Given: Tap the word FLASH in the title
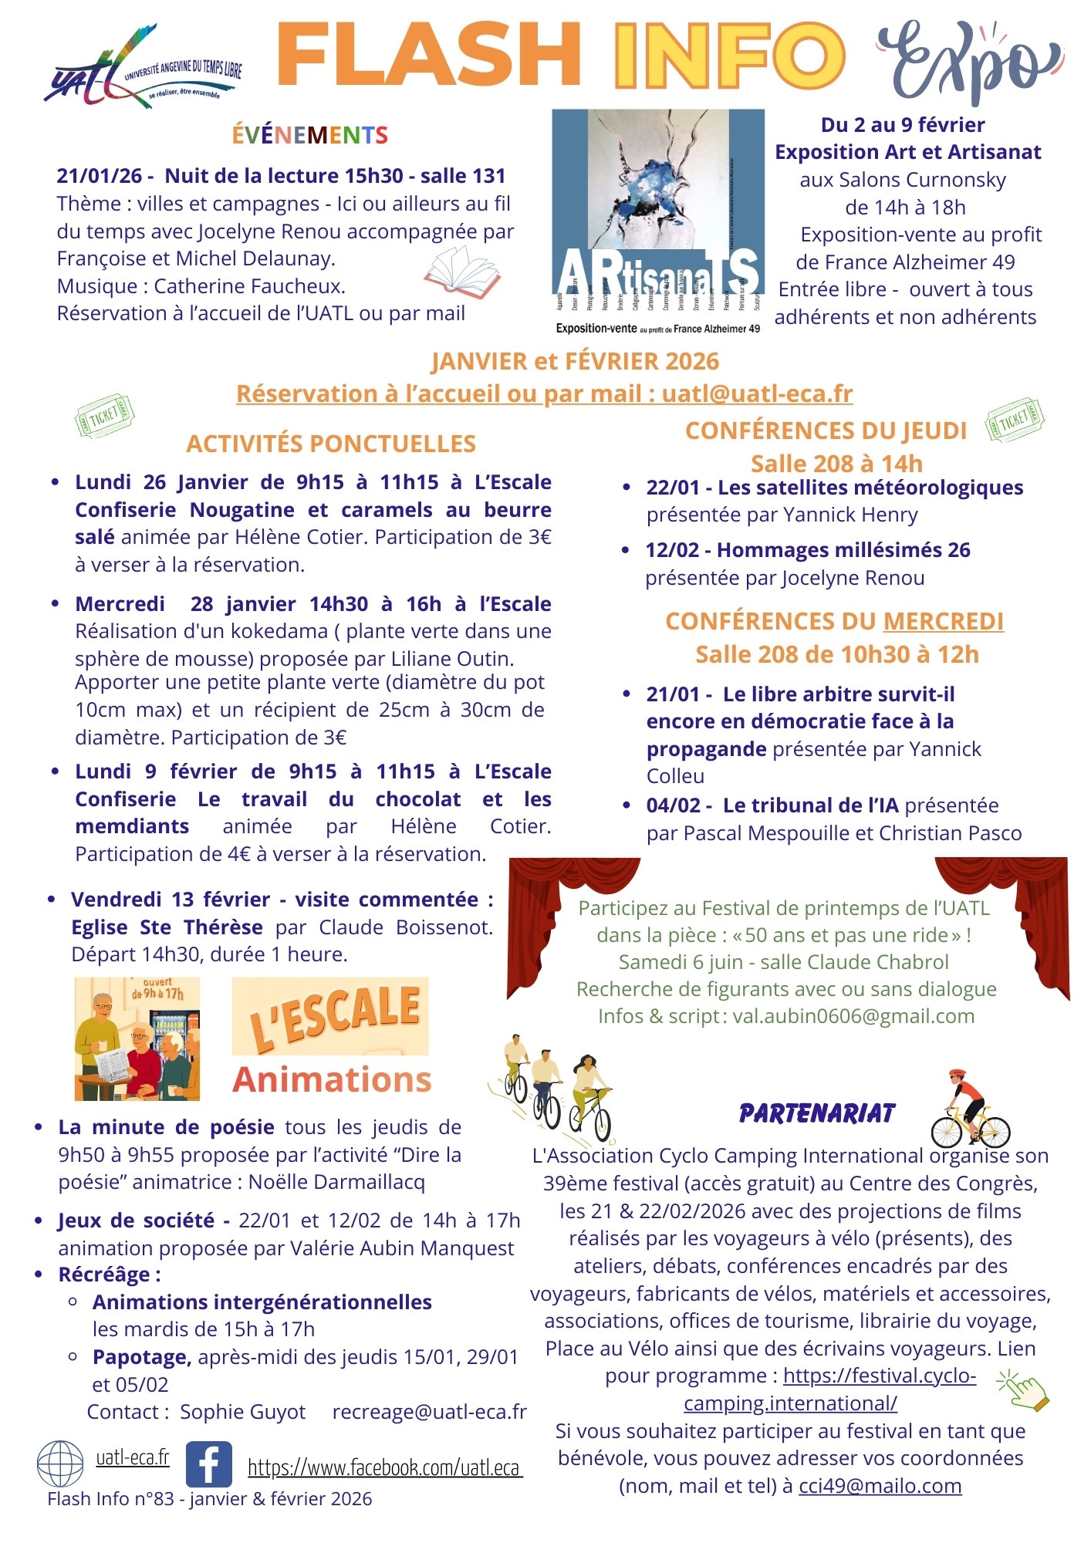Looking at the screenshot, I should (x=429, y=56).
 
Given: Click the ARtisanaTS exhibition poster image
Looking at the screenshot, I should (x=658, y=221).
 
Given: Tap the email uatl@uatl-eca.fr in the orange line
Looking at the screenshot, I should (x=757, y=393).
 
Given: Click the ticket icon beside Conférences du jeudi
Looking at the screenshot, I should (x=1014, y=420).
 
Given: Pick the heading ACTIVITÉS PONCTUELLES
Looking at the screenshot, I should (x=331, y=444).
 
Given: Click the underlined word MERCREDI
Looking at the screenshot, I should (x=943, y=621).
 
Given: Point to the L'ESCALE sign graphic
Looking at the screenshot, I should (x=330, y=1015).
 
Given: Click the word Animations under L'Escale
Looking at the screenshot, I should (x=332, y=1079).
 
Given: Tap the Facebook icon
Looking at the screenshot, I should (x=209, y=1464).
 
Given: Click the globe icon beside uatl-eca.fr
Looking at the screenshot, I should (x=60, y=1464).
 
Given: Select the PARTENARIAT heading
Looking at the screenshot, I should (x=817, y=1113).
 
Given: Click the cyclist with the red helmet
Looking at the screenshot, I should (x=969, y=1108).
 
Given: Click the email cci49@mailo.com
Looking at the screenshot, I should (x=880, y=1486).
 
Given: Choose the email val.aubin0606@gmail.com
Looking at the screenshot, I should (x=853, y=1016).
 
